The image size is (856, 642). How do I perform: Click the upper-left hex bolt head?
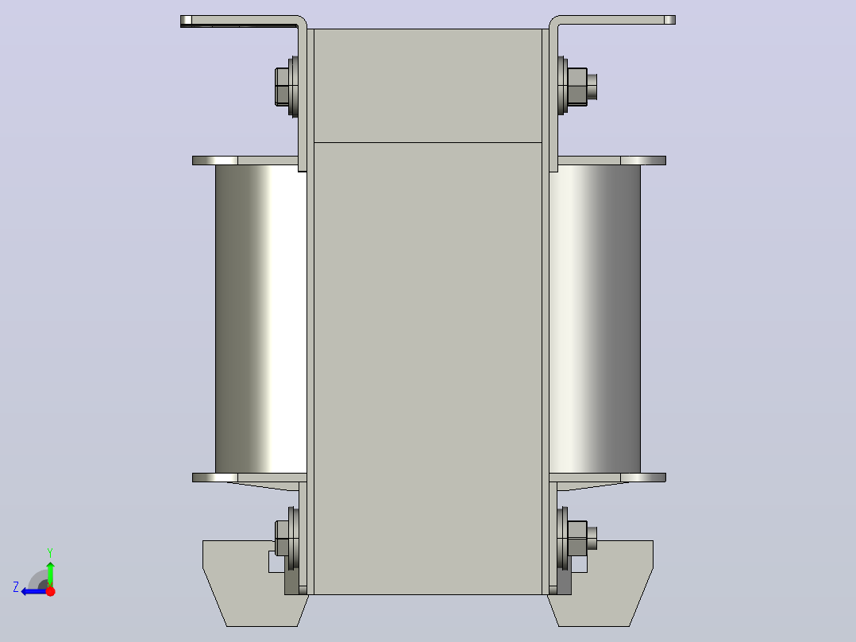[282, 87]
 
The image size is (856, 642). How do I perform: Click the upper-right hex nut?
[577, 87]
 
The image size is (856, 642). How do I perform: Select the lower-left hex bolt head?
[282, 538]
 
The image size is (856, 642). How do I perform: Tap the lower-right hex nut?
[577, 538]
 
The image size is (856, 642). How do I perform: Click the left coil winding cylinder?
[261, 319]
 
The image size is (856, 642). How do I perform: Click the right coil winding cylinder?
[595, 319]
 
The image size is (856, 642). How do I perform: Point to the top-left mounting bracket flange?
[240, 21]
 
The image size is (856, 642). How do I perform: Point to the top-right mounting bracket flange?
[614, 20]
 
